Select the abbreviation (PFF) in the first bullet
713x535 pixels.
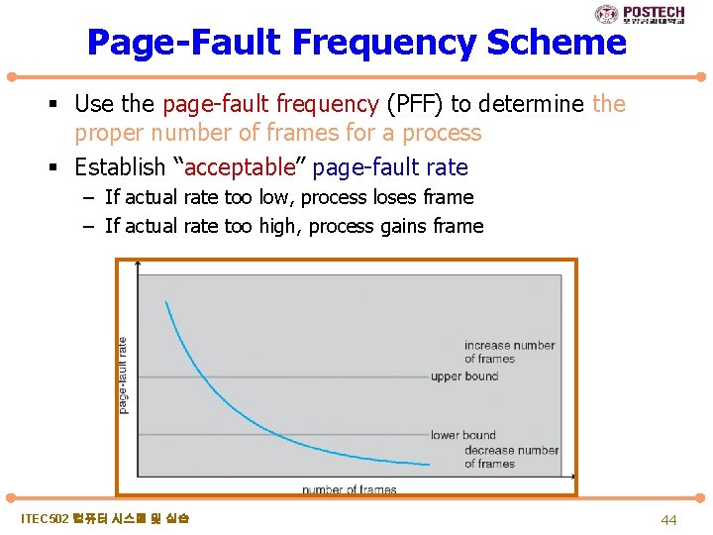(x=414, y=104)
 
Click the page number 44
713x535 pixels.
(x=668, y=519)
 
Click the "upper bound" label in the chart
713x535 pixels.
(x=464, y=376)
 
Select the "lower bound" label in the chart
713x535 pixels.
(x=462, y=435)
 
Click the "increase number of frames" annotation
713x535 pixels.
(x=509, y=352)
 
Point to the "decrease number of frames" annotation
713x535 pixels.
(x=511, y=457)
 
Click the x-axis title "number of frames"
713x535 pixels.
(x=349, y=489)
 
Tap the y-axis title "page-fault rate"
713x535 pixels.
(x=123, y=375)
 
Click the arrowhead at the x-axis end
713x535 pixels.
(x=573, y=478)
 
